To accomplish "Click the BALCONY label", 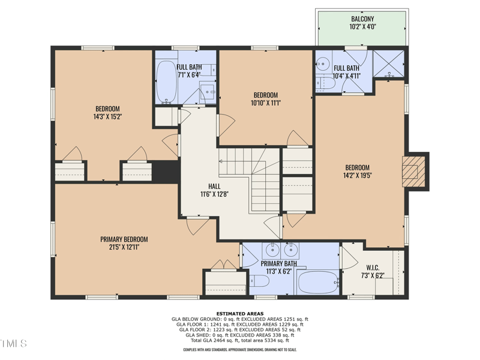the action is click(x=362, y=19).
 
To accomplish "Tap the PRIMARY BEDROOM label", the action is click(x=124, y=239).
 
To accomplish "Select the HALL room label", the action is click(x=214, y=186).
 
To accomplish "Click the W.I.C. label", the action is click(x=373, y=268).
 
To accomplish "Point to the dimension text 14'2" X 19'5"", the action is click(x=357, y=175).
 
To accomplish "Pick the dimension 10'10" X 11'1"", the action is click(x=266, y=103).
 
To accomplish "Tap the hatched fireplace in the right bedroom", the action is click(x=413, y=172).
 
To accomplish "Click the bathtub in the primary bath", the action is click(x=319, y=282).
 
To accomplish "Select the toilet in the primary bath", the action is click(x=259, y=281).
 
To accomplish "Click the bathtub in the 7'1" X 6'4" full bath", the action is click(x=167, y=82).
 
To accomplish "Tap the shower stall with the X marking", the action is click(x=389, y=64).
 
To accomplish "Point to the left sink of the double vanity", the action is click(x=272, y=250).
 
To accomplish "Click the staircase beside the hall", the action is click(x=249, y=179).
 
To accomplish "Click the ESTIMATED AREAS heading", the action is click(x=240, y=313).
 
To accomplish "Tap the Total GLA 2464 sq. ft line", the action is click(x=240, y=340).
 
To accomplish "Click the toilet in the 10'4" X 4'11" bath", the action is click(x=325, y=83).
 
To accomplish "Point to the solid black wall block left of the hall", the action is click(x=166, y=172).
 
